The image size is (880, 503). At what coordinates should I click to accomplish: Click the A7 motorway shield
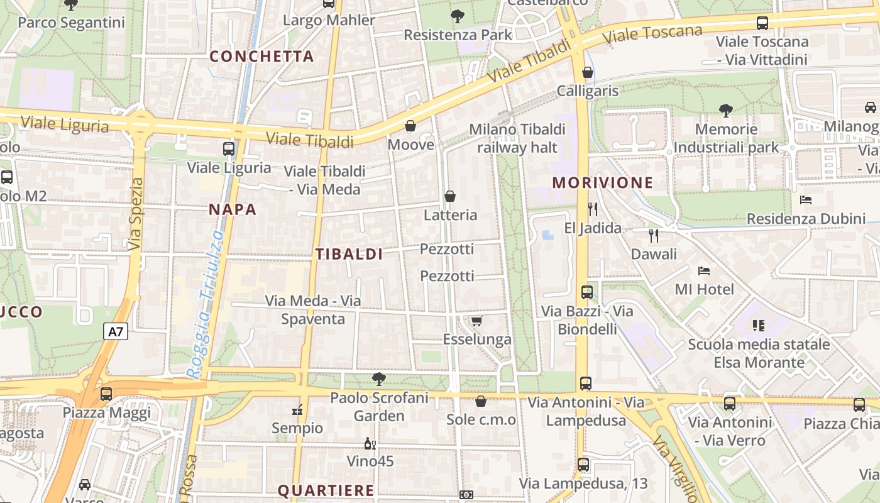[x=116, y=331]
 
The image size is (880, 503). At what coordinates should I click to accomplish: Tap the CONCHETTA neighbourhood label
[x=261, y=56]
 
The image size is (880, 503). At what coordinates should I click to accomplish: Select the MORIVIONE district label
[x=603, y=183]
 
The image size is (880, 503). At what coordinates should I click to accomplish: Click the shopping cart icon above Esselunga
[x=476, y=321]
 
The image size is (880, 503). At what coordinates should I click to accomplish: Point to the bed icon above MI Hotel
[x=704, y=271]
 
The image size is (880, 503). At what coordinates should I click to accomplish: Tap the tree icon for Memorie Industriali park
[x=726, y=111]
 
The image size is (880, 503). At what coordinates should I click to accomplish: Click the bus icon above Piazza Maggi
[x=106, y=394]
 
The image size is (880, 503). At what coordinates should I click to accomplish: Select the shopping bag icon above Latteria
[x=450, y=196]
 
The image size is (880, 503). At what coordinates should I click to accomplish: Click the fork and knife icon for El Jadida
[x=592, y=209]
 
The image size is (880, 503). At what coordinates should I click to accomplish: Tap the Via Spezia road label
[x=136, y=214]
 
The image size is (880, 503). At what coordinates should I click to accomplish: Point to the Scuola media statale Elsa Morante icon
[x=759, y=325]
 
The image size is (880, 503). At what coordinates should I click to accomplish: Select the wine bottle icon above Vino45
[x=370, y=443]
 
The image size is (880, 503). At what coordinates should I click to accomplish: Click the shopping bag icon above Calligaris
[x=588, y=72]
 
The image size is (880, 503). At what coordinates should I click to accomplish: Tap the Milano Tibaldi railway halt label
[x=517, y=138]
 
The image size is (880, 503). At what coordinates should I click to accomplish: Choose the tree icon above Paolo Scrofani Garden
[x=379, y=379]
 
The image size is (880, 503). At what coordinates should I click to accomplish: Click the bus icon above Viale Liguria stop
[x=229, y=149]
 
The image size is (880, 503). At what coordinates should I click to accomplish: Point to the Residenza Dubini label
[x=806, y=219]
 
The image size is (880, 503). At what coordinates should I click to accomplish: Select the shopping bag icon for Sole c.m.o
[x=481, y=401]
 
